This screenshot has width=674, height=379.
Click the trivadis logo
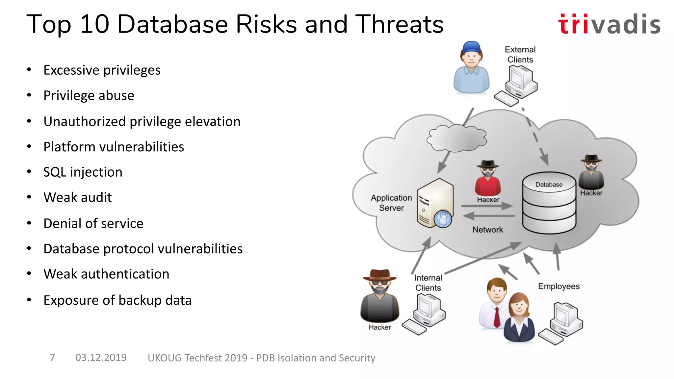tap(609, 24)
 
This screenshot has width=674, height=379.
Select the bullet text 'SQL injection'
tap(83, 172)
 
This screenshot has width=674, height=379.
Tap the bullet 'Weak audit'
tap(77, 197)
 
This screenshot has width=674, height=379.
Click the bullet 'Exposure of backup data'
tap(117, 300)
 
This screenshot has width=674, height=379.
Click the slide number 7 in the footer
tap(52, 357)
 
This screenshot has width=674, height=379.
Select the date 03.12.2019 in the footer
tap(101, 357)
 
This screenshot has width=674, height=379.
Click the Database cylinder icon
tap(549, 204)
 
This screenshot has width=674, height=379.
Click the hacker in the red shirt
tap(488, 179)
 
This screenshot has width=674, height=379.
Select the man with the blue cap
tap(471, 67)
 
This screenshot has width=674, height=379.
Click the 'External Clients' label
tap(520, 55)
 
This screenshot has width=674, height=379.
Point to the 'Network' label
tap(487, 230)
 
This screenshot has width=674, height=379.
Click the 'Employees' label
tap(558, 286)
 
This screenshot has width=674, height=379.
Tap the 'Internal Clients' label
tap(428, 283)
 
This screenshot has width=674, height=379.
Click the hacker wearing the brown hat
tap(380, 296)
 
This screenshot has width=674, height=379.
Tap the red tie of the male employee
tap(497, 317)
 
